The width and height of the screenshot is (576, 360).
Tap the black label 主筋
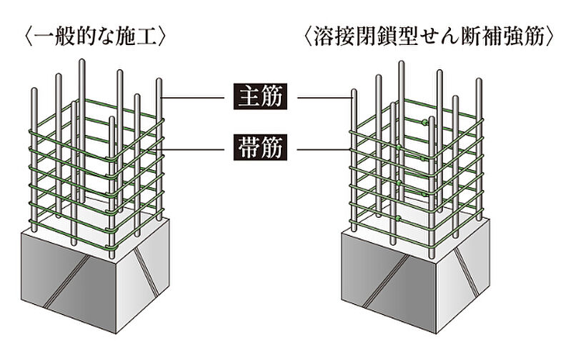(259, 96)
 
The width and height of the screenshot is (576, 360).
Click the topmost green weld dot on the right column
(425, 123)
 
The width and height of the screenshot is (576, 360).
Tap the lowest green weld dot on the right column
(397, 217)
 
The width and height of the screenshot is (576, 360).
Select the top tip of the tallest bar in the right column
(402, 64)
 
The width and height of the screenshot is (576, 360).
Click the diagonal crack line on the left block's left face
(71, 279)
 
